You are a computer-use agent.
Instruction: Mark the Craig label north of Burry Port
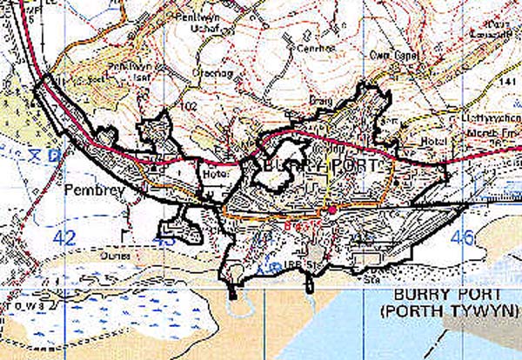tap(298, 125)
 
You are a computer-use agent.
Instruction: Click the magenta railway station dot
tap(331, 210)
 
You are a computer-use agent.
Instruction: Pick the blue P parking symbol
tap(55, 157)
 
